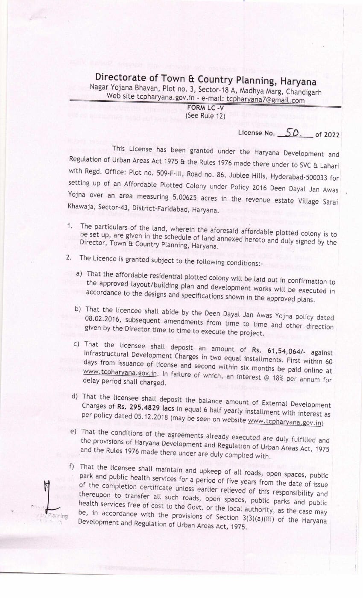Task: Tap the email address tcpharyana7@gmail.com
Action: tap(265, 100)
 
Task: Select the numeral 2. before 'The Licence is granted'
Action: tap(68, 258)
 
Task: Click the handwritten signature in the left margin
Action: tap(48, 498)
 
